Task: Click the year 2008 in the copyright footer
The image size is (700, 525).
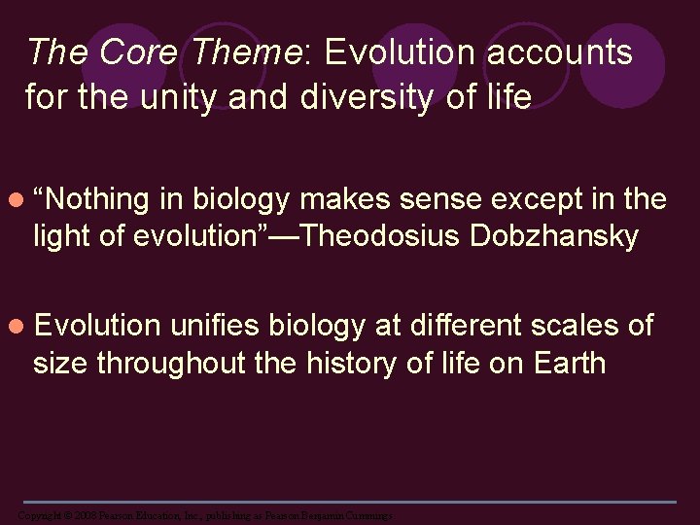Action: click(x=80, y=514)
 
